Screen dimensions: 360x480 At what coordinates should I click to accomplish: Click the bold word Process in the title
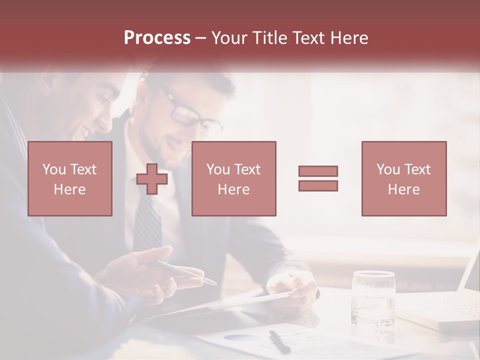coord(157,38)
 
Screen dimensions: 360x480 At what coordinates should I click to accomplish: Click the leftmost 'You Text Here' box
coord(70,178)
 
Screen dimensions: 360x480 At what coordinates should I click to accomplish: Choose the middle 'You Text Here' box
coord(234,178)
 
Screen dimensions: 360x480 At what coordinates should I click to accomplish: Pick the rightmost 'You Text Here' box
coord(404,178)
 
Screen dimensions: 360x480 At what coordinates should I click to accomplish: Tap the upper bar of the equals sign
coord(318,171)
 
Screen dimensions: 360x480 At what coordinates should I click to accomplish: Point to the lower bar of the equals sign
coord(318,185)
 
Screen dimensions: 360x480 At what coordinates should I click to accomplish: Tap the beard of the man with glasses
coord(160,150)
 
